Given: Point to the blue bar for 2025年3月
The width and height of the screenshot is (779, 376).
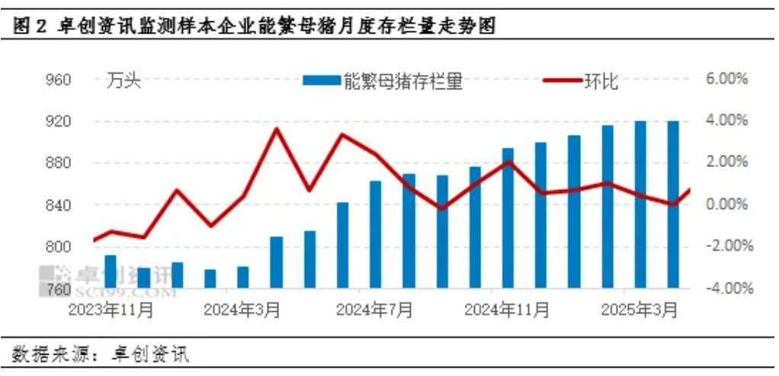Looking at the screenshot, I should pyautogui.click(x=640, y=205).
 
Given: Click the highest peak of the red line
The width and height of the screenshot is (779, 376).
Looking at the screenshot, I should pyautogui.click(x=277, y=129).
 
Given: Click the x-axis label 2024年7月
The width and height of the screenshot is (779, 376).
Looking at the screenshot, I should pyautogui.click(x=375, y=311).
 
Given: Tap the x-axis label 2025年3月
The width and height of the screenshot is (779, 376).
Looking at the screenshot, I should pyautogui.click(x=640, y=311).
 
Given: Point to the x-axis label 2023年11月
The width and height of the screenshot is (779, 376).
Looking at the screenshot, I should pyautogui.click(x=111, y=311).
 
